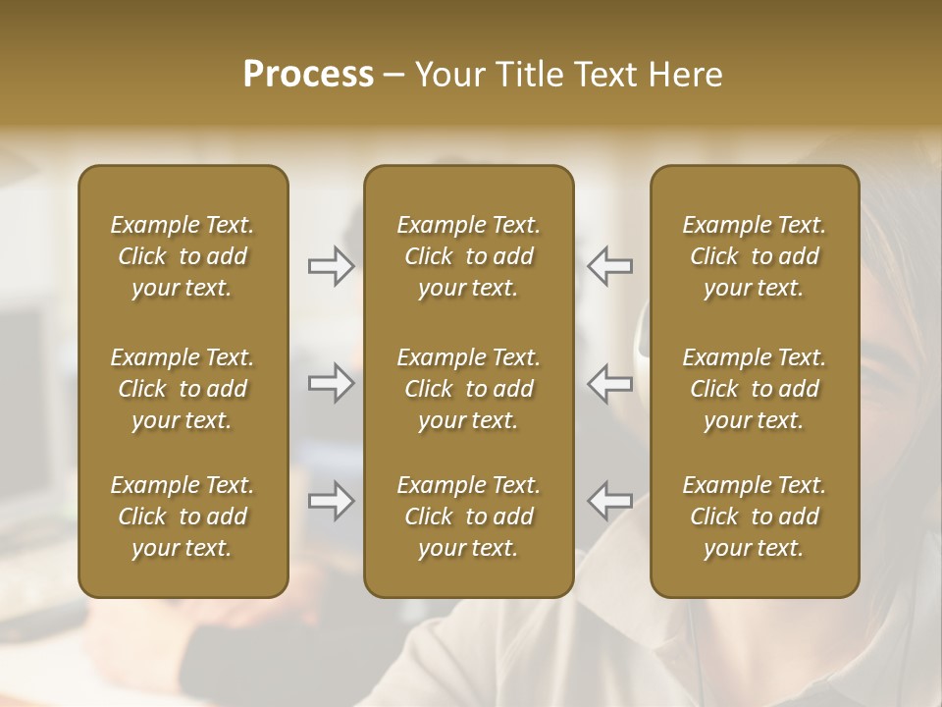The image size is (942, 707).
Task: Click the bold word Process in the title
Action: point(308,75)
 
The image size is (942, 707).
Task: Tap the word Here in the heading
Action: point(684,75)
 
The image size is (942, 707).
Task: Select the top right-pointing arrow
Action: point(331,266)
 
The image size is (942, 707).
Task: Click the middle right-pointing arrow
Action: point(331,383)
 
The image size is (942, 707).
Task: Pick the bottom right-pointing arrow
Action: point(331,501)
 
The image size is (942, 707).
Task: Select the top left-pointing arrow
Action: point(610,266)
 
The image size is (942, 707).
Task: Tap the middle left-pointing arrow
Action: point(610,383)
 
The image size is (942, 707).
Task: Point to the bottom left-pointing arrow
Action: point(610,501)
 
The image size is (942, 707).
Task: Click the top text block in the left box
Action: point(183,256)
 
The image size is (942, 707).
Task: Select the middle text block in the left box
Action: point(183,389)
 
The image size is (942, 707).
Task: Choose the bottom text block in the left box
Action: point(183,517)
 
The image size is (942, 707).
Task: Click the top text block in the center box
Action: point(468,256)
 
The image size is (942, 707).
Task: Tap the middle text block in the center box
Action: point(468,389)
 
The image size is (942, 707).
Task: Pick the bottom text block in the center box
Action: point(468,517)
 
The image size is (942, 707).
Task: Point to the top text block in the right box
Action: point(754,256)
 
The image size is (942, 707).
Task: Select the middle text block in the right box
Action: point(754,389)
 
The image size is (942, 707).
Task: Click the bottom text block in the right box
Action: point(754,517)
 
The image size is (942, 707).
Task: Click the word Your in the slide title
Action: point(450,75)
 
